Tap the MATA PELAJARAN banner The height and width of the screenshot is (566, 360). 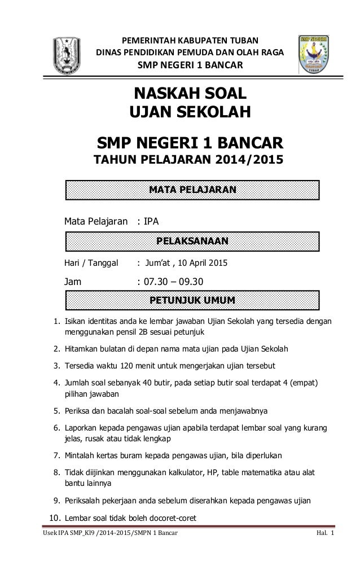192,190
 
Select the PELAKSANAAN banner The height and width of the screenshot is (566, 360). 192,242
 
